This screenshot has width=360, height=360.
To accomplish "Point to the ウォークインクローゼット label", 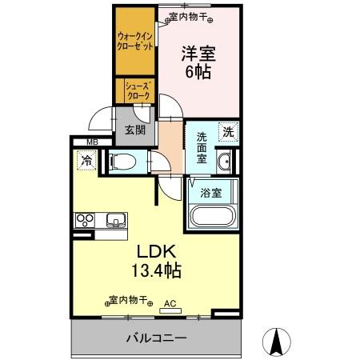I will coord(135,40).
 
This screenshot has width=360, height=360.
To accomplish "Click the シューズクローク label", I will coord(136,90).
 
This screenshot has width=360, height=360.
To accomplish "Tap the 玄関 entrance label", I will coord(135,130).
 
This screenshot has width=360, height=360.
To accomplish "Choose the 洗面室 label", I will coord(202,147).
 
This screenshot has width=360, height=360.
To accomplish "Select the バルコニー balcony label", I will coord(156,338).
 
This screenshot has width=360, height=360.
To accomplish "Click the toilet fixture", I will coord(122,162).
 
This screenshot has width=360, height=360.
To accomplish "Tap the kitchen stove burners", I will coord(84,219).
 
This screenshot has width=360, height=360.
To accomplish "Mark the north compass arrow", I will coord(277,342).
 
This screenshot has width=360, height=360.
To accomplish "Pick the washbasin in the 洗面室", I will coord(226,162).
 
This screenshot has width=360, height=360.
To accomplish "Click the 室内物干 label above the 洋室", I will coord(189,15).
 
